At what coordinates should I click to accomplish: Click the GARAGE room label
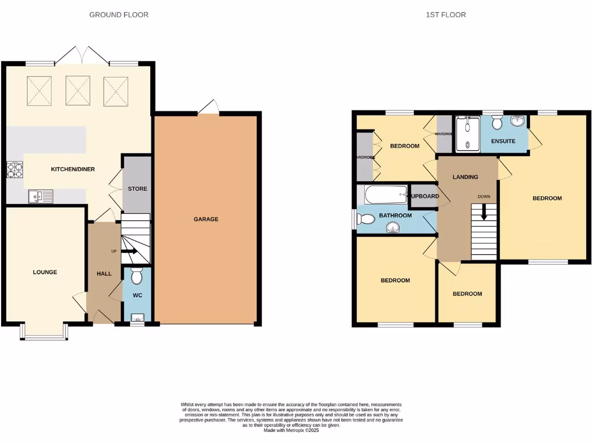[x=206, y=219]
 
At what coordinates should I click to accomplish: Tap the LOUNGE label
[x=45, y=272]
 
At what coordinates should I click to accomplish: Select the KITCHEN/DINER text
[x=73, y=169]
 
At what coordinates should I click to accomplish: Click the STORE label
[x=138, y=189]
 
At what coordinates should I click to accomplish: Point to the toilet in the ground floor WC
[x=137, y=277]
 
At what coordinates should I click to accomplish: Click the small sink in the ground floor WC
[x=137, y=317]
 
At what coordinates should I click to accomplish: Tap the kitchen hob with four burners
[x=14, y=170]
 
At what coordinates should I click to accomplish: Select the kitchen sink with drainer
[x=40, y=197]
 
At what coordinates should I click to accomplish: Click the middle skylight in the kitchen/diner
[x=77, y=91]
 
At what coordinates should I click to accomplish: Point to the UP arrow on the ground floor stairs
[x=128, y=251]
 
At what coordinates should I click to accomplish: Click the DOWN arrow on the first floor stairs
[x=484, y=213]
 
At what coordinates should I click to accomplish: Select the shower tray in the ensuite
[x=468, y=134]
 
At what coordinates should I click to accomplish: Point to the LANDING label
[x=465, y=177]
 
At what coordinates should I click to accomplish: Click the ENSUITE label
[x=503, y=141]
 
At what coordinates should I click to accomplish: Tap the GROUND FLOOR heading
[x=119, y=14]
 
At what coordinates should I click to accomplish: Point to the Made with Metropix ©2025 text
[x=291, y=430]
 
